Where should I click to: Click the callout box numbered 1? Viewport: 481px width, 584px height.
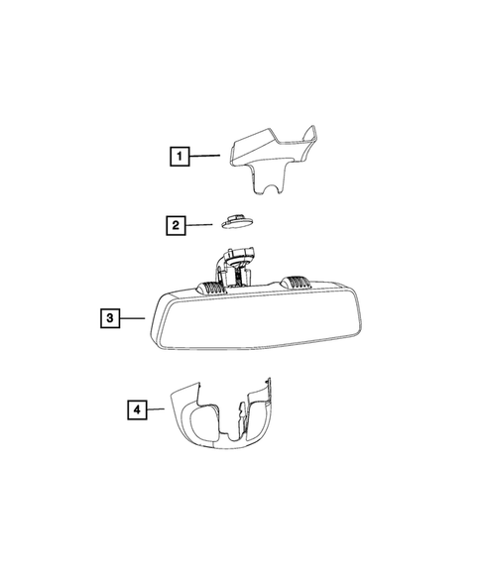(180, 156)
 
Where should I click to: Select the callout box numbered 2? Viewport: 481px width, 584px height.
(176, 225)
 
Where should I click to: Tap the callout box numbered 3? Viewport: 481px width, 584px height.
(110, 318)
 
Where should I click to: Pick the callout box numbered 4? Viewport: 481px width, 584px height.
(137, 409)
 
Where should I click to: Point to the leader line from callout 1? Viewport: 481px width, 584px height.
(204, 156)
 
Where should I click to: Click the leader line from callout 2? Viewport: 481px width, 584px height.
(199, 225)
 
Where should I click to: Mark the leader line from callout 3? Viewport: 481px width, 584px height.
(132, 318)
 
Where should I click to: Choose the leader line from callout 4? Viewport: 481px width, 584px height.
(156, 409)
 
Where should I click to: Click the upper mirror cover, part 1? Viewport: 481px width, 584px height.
(273, 158)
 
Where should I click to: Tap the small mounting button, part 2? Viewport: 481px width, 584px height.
(237, 221)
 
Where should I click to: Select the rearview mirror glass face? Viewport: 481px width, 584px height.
(258, 319)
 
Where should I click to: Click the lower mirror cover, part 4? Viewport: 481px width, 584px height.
(223, 413)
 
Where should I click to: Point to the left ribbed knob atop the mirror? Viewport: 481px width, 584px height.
(211, 287)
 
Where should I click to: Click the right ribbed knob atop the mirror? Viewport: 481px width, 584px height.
(296, 283)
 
